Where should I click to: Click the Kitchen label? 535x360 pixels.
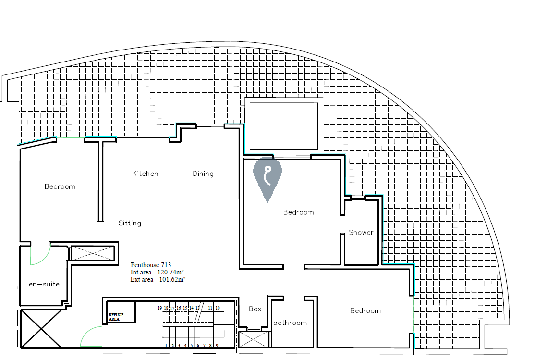point(145,174)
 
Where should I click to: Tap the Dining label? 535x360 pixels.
point(203,174)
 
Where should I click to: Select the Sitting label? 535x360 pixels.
point(130,223)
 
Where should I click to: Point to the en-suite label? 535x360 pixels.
point(44,284)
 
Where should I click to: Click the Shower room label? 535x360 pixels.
point(361,233)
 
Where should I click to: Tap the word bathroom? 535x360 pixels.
point(290,323)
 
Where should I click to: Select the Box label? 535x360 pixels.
point(255,309)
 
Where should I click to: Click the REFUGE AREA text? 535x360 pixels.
point(116,317)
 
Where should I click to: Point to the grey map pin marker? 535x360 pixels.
point(267,179)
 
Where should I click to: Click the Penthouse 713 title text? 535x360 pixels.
point(151,265)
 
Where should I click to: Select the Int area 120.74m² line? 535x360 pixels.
point(158,272)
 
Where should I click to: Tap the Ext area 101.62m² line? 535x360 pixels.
point(158,279)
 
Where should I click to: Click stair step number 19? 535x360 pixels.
point(159,308)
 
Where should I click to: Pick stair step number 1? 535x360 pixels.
point(166,345)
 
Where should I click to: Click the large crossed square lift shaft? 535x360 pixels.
point(41,329)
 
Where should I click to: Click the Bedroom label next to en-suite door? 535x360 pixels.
point(60,186)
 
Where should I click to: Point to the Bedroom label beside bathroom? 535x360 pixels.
point(365,311)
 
